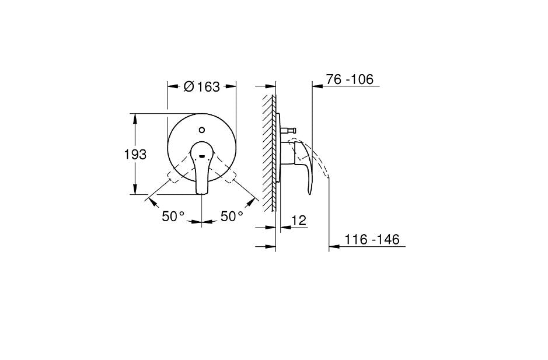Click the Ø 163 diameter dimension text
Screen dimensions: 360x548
point(201,87)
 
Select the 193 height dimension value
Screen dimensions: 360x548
point(135,155)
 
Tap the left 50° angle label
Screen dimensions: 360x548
point(173,216)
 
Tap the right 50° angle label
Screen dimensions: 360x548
point(232,216)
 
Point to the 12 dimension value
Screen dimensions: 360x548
point(298,221)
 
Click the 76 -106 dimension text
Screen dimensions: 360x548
point(350,79)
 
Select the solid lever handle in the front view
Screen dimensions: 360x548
point(201,169)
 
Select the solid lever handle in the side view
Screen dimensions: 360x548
point(306,166)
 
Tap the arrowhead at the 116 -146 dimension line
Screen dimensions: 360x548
point(333,247)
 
